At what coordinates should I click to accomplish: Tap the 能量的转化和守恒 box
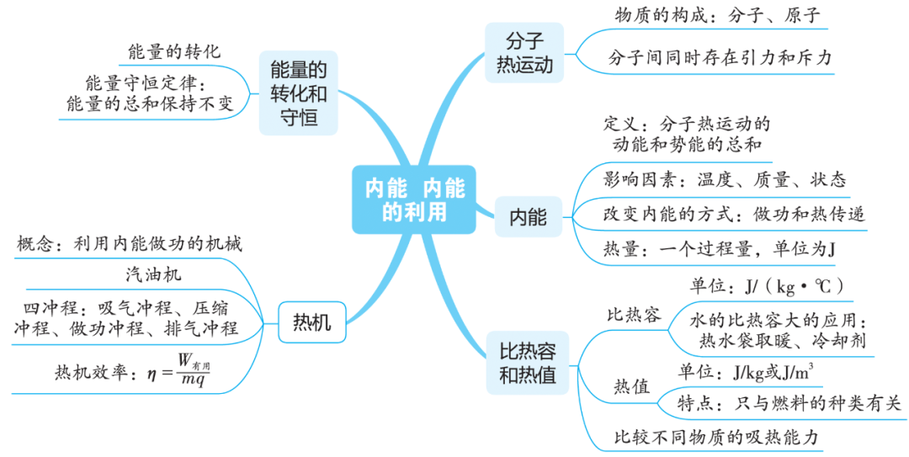(x=298, y=93)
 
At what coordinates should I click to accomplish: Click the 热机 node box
(x=311, y=322)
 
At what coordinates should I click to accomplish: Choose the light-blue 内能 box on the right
(x=528, y=218)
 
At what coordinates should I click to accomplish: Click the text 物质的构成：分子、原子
(x=716, y=16)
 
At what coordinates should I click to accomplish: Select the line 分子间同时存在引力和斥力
(x=720, y=58)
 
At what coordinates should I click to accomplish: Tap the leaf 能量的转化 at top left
(x=174, y=50)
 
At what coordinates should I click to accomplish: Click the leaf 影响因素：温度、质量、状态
(x=725, y=179)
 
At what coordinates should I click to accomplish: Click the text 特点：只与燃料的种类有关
(x=789, y=403)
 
